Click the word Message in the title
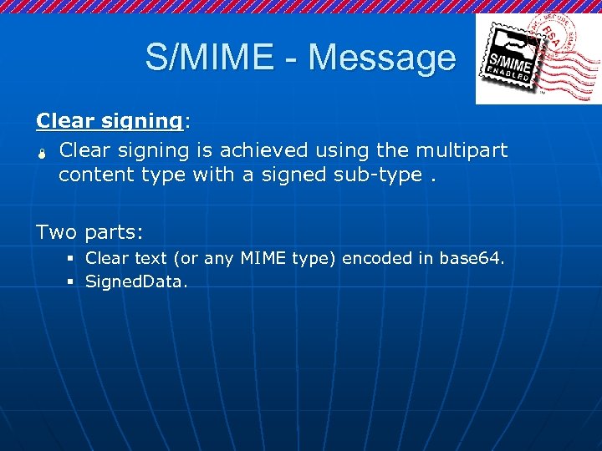pyautogui.click(x=383, y=58)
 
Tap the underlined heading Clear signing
pyautogui.click(x=110, y=121)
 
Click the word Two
pyautogui.click(x=56, y=232)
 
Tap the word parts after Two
pyautogui.click(x=115, y=232)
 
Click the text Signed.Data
pyautogui.click(x=137, y=282)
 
